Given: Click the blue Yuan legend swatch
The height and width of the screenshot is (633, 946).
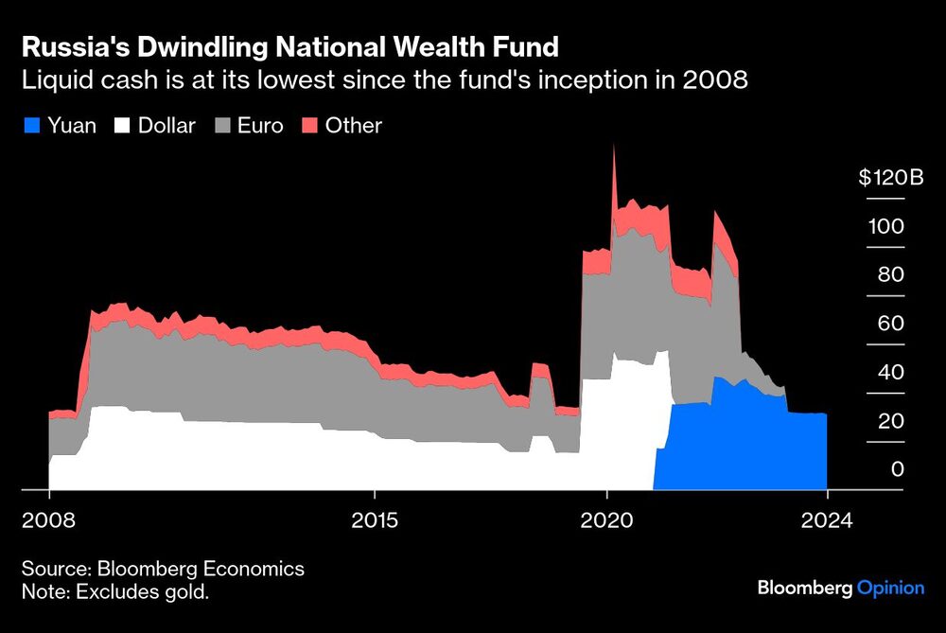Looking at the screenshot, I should click(31, 125).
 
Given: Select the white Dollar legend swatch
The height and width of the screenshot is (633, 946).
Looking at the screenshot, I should click(123, 125).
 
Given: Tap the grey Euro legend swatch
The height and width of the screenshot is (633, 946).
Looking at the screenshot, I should click(222, 125).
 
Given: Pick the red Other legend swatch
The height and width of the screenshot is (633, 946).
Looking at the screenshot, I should click(310, 125).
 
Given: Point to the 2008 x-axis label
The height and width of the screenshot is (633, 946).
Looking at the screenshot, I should click(49, 519).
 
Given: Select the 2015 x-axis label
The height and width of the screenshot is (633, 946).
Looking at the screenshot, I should click(375, 519).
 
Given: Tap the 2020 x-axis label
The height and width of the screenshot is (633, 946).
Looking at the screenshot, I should click(607, 519).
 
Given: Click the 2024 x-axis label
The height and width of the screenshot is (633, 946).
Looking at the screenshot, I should click(826, 519).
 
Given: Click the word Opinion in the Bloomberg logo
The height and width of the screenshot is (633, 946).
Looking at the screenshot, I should click(890, 588).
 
